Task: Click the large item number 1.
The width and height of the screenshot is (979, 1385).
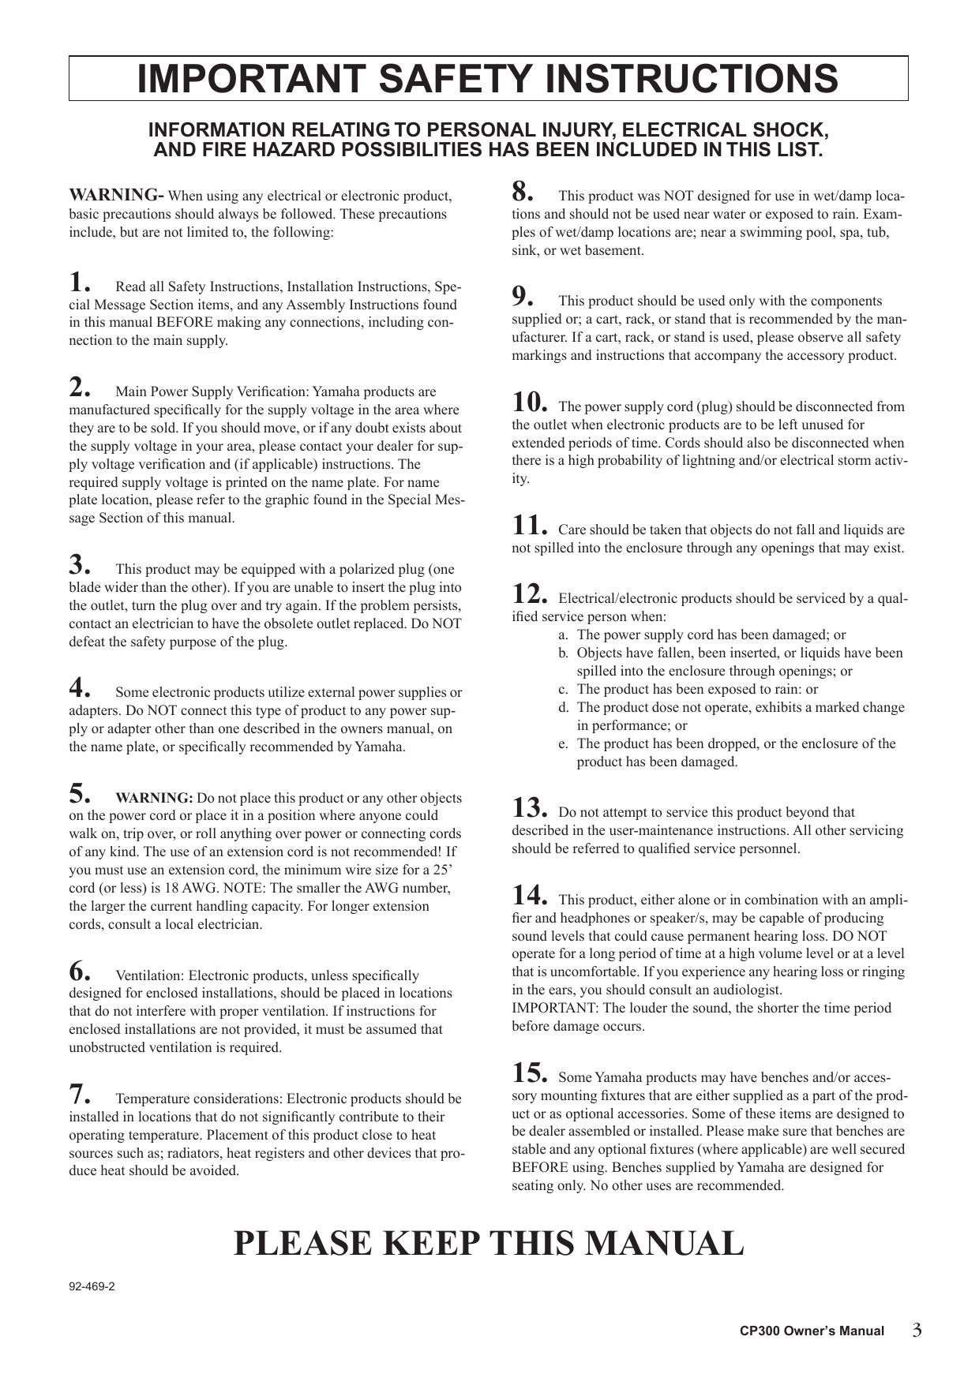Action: pyautogui.click(x=80, y=282)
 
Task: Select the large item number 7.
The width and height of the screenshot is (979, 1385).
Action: pyautogui.click(x=80, y=1094)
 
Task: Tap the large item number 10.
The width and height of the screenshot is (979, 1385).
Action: pyautogui.click(x=529, y=402)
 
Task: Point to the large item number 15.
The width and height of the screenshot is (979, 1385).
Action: pyautogui.click(x=529, y=1073)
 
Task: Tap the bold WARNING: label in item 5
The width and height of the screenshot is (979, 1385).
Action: pyautogui.click(x=154, y=798)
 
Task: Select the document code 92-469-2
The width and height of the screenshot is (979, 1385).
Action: pyautogui.click(x=92, y=1286)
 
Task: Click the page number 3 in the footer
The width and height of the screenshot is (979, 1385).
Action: pyautogui.click(x=917, y=1331)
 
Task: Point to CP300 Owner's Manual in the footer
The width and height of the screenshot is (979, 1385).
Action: pyautogui.click(x=812, y=1331)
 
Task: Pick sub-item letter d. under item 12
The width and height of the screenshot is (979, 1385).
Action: pyautogui.click(x=563, y=707)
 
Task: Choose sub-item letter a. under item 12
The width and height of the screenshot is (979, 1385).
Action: pyautogui.click(x=563, y=634)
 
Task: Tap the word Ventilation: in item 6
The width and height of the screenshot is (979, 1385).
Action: pyautogui.click(x=150, y=975)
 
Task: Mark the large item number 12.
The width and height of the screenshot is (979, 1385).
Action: pyautogui.click(x=529, y=594)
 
